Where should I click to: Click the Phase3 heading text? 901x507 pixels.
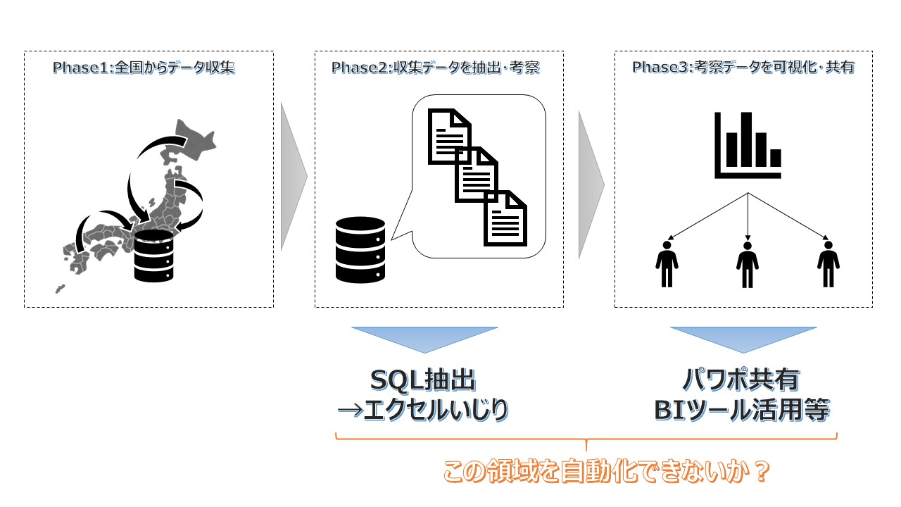[x=743, y=68]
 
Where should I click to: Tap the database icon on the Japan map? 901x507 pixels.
[x=153, y=257]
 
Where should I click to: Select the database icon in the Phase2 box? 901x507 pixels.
[x=360, y=249]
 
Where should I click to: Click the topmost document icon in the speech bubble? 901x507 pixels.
[x=450, y=135]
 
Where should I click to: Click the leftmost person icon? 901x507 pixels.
[x=667, y=264]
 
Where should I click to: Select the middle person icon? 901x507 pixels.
[x=747, y=264]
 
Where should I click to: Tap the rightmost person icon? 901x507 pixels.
[x=828, y=264]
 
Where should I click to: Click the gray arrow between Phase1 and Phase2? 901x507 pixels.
[x=293, y=176]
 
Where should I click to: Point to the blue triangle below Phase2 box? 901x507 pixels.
[x=424, y=339]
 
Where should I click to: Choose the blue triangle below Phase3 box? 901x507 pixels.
[x=743, y=339]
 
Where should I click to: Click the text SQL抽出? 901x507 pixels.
[x=423, y=381]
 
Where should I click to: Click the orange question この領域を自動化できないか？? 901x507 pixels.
[x=605, y=472]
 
